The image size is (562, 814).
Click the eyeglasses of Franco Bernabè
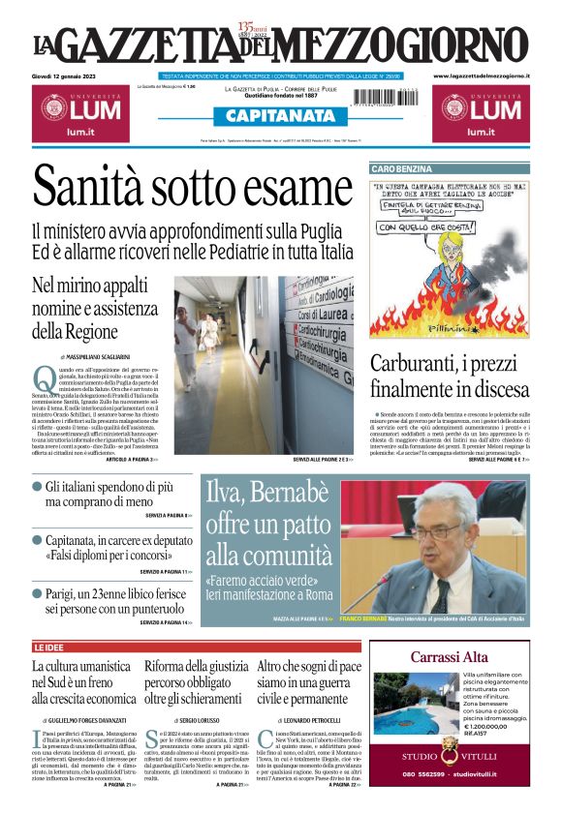(x=441, y=531)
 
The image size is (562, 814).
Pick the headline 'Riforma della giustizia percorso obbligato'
(x=197, y=682)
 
